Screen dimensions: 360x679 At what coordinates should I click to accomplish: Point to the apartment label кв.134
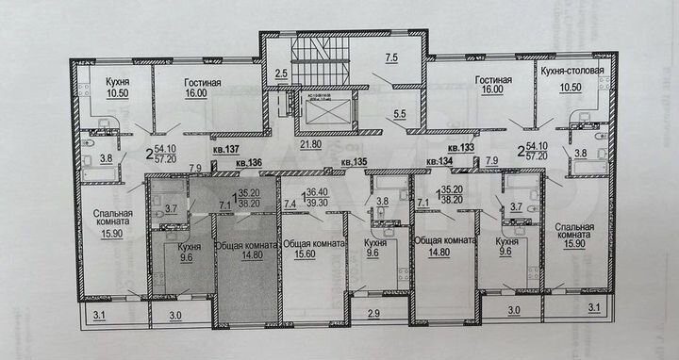pyautogui.click(x=441, y=162)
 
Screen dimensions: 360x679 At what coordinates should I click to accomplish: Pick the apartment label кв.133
pyautogui.click(x=460, y=147)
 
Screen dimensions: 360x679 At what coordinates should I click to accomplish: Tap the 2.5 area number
pyautogui.click(x=281, y=72)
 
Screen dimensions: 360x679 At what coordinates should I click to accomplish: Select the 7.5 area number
pyautogui.click(x=391, y=57)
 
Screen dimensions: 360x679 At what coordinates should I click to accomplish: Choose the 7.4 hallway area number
pyautogui.click(x=290, y=203)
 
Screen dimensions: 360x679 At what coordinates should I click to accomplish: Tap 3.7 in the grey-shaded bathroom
pyautogui.click(x=172, y=207)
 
